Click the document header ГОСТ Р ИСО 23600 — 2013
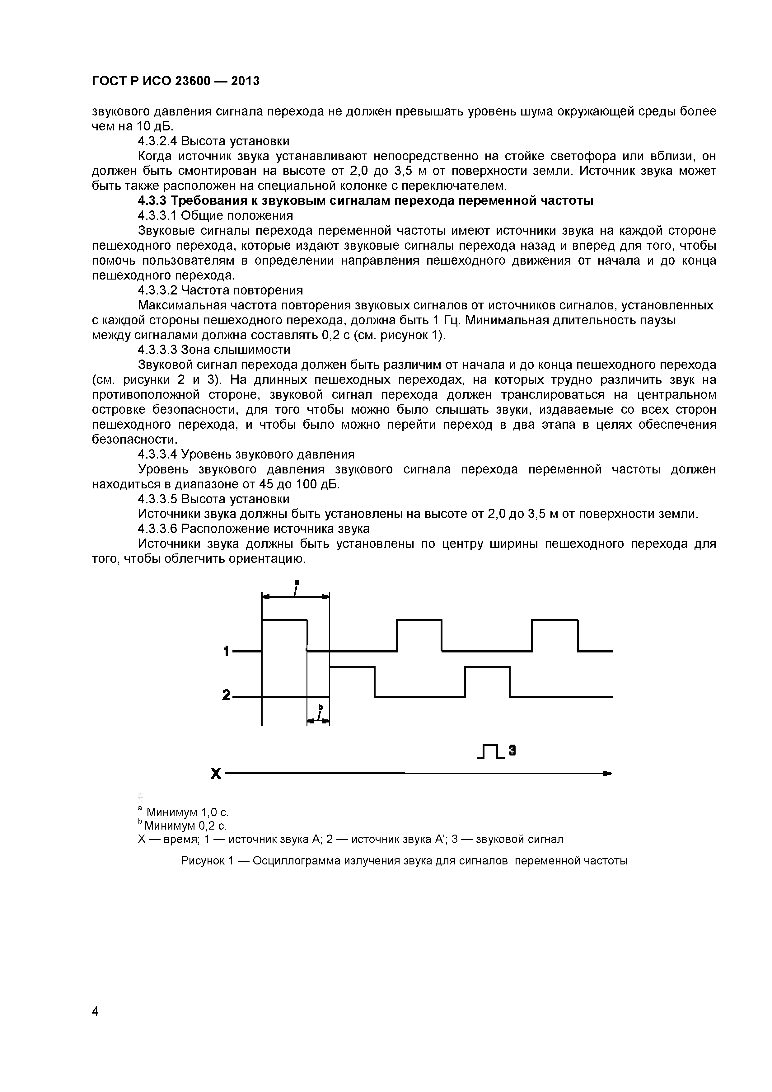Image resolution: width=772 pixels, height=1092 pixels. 175,81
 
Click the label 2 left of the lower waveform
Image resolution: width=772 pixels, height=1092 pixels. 226,696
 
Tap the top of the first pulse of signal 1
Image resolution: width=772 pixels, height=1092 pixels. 284,620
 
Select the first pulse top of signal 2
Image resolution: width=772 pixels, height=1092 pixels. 352,667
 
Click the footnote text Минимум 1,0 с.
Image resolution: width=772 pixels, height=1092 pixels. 187,812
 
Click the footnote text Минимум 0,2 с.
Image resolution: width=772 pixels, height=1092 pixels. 185,825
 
